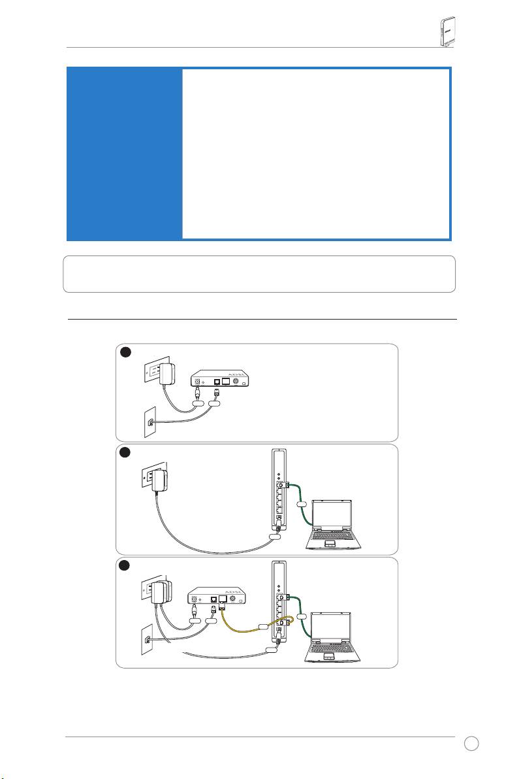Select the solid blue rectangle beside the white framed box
coord(123,153)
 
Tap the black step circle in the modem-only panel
coord(126,352)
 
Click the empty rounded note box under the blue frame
coord(259,274)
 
